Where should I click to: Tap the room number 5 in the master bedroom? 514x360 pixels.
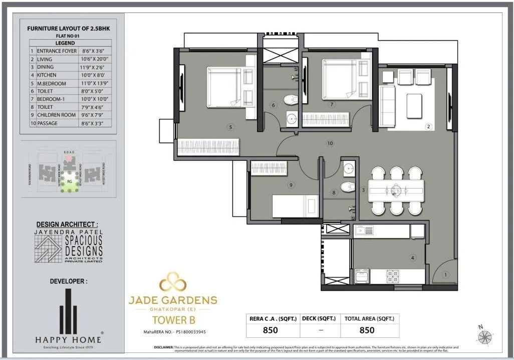pyautogui.click(x=230, y=127)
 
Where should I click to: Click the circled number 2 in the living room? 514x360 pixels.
pyautogui.click(x=428, y=127)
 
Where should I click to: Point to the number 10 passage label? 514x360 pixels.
pyautogui.click(x=330, y=143)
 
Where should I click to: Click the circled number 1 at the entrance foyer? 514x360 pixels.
pyautogui.click(x=447, y=275)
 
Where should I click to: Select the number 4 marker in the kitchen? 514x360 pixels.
pyautogui.click(x=413, y=258)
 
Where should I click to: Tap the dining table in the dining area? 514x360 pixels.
pyautogui.click(x=396, y=191)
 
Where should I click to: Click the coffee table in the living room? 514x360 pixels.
pyautogui.click(x=414, y=106)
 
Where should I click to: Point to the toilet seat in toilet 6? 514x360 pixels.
pyautogui.click(x=290, y=100)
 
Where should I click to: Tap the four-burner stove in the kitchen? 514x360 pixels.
pyautogui.click(x=393, y=276)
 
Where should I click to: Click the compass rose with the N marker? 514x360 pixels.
pyautogui.click(x=484, y=336)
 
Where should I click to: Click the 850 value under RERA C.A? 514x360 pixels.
pyautogui.click(x=271, y=330)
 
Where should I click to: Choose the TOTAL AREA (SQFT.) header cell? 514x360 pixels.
pyautogui.click(x=369, y=318)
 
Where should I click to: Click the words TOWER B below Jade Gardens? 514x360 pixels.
pyautogui.click(x=173, y=319)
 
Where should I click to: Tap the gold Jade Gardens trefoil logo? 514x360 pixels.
pyautogui.click(x=173, y=282)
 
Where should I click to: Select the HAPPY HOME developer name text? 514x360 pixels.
pyautogui.click(x=68, y=339)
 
